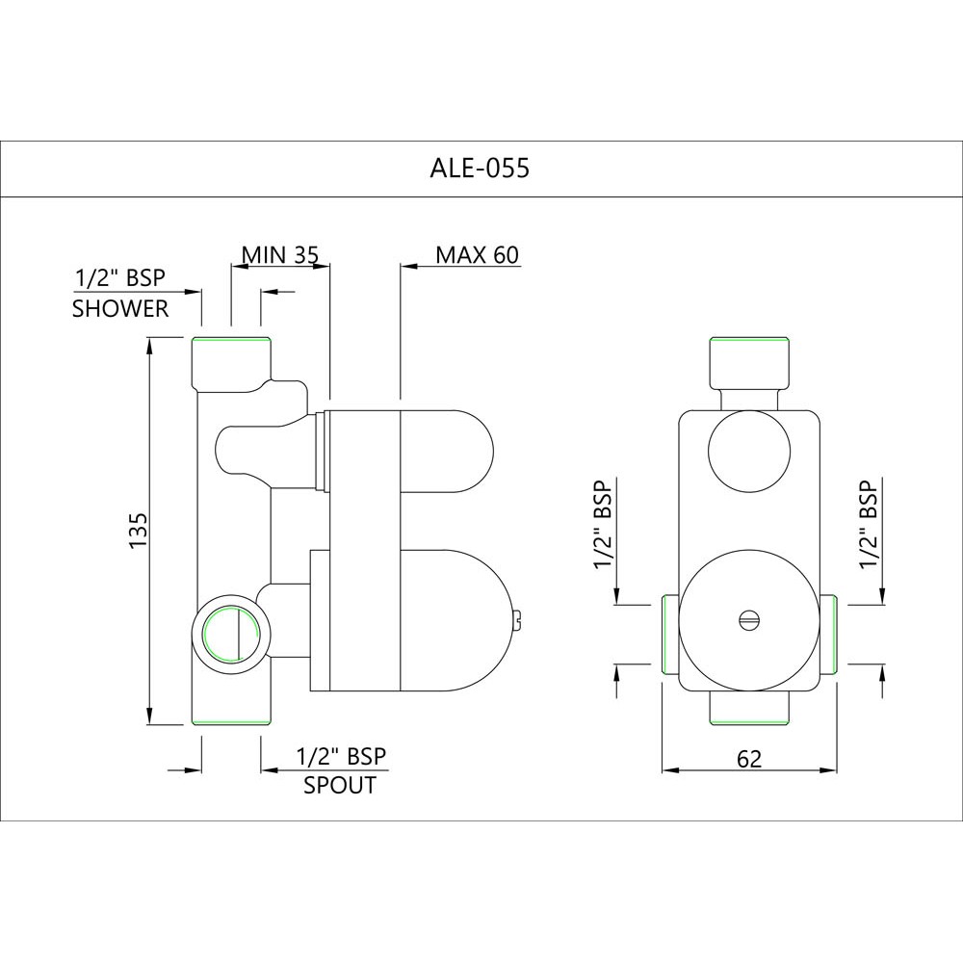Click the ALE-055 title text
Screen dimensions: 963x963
click(479, 169)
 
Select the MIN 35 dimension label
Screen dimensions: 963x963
click(279, 254)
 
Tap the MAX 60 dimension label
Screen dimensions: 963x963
click(477, 254)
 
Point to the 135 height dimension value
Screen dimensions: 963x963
click(137, 532)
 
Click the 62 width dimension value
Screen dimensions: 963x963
click(748, 759)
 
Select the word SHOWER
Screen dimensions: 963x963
click(120, 309)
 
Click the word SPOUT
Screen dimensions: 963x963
click(340, 785)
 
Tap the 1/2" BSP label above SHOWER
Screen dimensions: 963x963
click(120, 279)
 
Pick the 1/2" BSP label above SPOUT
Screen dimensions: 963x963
click(341, 756)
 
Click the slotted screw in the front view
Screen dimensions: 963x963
click(748, 620)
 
